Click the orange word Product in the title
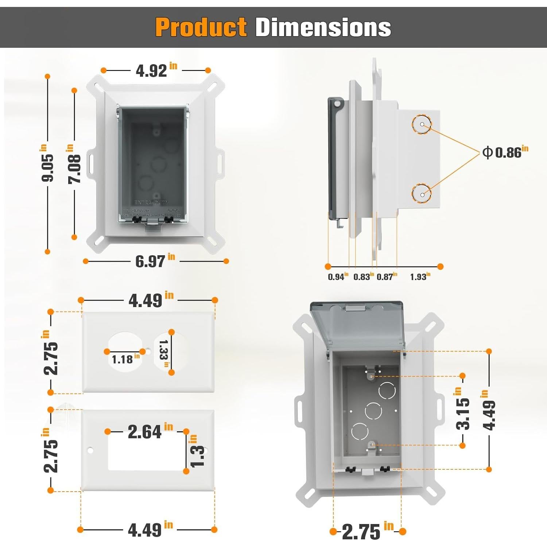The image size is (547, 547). (x=201, y=27)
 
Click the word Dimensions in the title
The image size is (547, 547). (x=323, y=27)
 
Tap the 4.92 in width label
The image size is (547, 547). (x=156, y=70)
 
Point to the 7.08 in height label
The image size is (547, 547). (x=74, y=164)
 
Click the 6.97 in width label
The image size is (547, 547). (x=155, y=261)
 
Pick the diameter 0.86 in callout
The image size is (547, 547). (x=505, y=152)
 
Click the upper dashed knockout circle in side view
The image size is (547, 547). (x=422, y=124)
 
